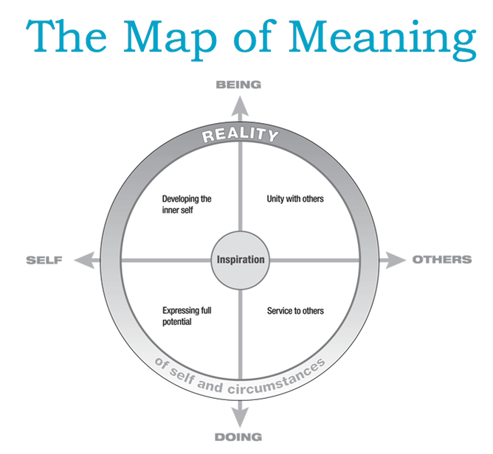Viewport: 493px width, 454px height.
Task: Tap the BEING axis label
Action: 238,85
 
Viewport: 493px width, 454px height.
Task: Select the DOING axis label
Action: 238,436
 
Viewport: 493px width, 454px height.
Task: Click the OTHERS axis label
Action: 441,260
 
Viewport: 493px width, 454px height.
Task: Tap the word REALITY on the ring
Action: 241,135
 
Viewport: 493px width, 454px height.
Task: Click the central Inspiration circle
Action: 240,260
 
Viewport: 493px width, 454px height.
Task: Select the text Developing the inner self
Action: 187,204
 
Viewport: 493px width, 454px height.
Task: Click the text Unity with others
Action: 294,199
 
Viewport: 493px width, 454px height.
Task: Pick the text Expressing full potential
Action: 187,316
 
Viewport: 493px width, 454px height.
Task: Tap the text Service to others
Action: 295,311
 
